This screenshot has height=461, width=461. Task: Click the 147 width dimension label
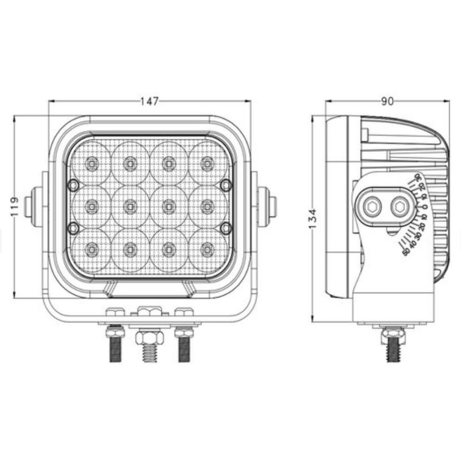[x=149, y=101]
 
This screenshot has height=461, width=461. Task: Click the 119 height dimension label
[x=14, y=206]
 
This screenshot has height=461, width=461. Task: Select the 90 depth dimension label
[x=387, y=101]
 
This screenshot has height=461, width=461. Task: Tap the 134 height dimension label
[x=313, y=219]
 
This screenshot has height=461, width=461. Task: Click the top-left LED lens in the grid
[x=91, y=164]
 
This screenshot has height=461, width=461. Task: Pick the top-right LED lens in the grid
[x=208, y=164]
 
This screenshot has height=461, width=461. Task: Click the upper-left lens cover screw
[x=73, y=185]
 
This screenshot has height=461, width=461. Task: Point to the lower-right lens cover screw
[x=226, y=228]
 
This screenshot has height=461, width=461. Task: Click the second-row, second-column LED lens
[x=130, y=206]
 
